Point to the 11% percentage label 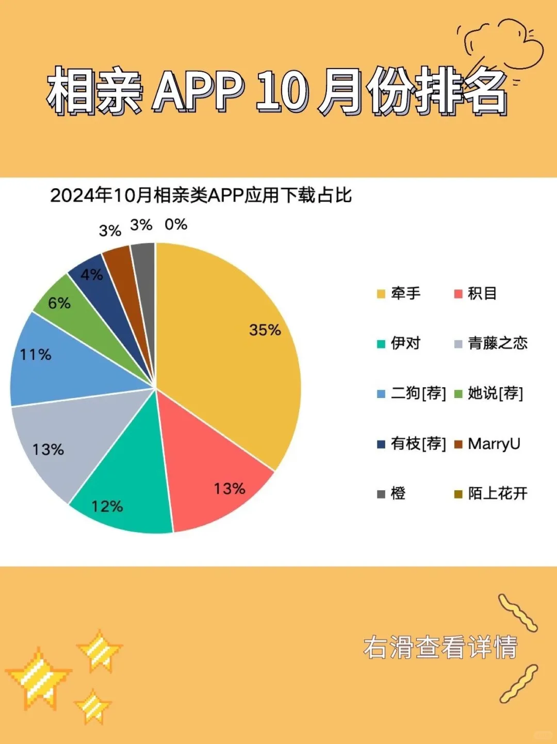(x=36, y=355)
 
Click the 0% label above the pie (x=176, y=224)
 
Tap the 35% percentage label (x=265, y=330)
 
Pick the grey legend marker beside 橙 (x=381, y=494)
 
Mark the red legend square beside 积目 (x=458, y=294)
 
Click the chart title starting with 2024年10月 (x=201, y=195)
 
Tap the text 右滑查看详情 (x=440, y=648)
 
